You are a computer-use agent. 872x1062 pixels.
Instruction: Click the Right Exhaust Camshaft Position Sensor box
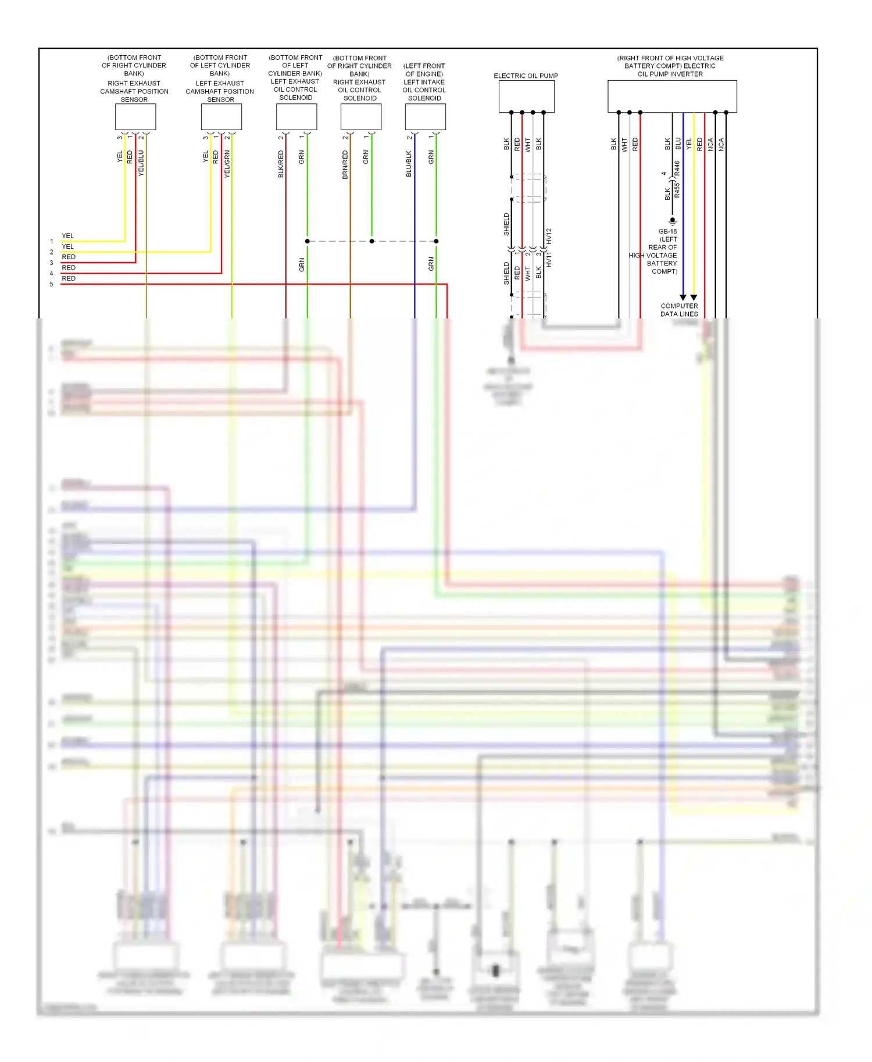click(135, 117)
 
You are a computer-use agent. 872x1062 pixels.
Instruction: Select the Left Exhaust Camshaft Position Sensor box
click(221, 117)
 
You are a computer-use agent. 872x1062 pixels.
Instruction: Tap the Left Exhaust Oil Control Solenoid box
click(296, 117)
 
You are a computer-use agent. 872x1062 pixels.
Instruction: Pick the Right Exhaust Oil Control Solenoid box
click(361, 117)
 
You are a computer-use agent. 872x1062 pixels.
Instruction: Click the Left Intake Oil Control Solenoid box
click(426, 117)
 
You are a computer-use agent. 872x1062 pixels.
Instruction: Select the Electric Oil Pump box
click(526, 96)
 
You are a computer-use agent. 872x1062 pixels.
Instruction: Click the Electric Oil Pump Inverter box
click(672, 96)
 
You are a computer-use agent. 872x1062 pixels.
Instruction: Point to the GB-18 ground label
click(667, 231)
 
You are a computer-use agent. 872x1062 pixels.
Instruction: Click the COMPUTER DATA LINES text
click(679, 310)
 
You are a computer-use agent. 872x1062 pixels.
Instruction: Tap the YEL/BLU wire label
click(141, 163)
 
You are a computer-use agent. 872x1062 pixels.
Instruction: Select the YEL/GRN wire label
click(227, 163)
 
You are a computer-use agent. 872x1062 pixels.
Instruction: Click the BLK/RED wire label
click(281, 163)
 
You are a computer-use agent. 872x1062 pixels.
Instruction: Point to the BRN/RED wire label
click(345, 164)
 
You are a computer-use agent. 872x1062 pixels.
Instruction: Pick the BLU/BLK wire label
click(409, 164)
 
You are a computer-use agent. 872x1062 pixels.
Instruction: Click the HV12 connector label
click(549, 235)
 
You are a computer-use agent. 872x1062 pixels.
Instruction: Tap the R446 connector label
click(677, 168)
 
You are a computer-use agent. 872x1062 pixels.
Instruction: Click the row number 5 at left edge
click(51, 284)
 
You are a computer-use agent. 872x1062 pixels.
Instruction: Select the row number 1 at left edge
click(51, 241)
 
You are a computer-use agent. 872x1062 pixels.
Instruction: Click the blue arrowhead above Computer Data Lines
click(683, 297)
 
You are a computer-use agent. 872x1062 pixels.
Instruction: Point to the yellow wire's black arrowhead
click(694, 297)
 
